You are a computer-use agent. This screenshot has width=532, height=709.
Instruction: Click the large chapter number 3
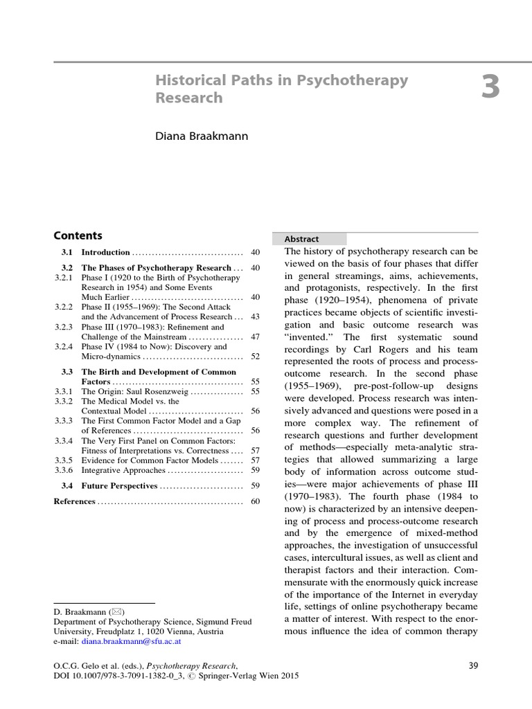tap(490, 89)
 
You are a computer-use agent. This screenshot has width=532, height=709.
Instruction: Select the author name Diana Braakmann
tap(201, 136)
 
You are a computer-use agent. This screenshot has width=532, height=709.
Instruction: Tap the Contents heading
tap(78, 235)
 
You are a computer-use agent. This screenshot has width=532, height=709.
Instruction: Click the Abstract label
tap(301, 239)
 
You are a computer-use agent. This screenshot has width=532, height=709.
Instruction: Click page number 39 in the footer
tap(474, 666)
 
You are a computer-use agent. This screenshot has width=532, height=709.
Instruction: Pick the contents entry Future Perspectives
tap(119, 486)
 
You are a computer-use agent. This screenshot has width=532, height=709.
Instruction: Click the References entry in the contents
tap(74, 501)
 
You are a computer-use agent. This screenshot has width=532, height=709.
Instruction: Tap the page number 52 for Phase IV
tap(255, 357)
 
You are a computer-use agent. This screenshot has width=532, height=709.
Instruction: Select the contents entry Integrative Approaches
tap(123, 470)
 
